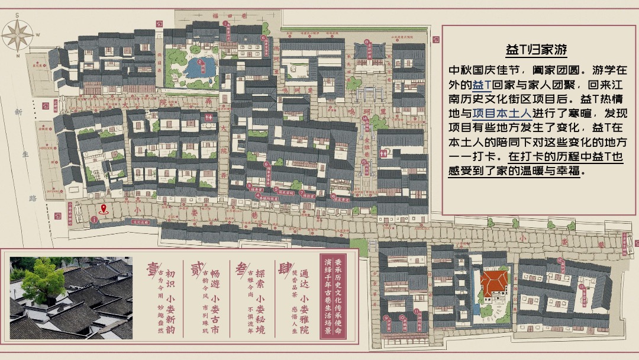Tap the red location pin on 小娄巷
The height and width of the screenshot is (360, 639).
(x=104, y=208)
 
